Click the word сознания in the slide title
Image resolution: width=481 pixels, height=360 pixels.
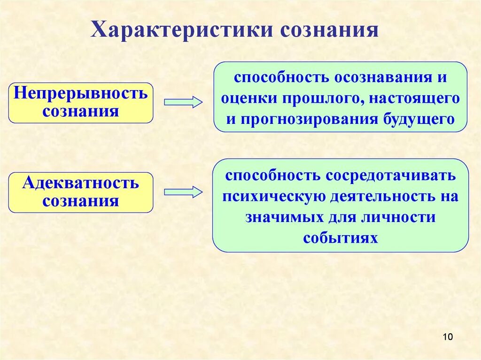(x=329, y=30)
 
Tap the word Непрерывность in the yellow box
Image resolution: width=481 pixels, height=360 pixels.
(x=81, y=93)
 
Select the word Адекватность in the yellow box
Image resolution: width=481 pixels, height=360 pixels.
(x=81, y=183)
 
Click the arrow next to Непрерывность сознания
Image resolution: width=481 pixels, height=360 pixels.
(x=183, y=102)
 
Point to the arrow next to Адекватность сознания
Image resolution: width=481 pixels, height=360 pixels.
(x=183, y=191)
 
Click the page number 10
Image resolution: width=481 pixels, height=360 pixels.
(x=447, y=337)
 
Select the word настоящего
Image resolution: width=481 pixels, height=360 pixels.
(x=414, y=98)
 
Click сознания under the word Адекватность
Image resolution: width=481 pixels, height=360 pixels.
(x=81, y=201)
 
